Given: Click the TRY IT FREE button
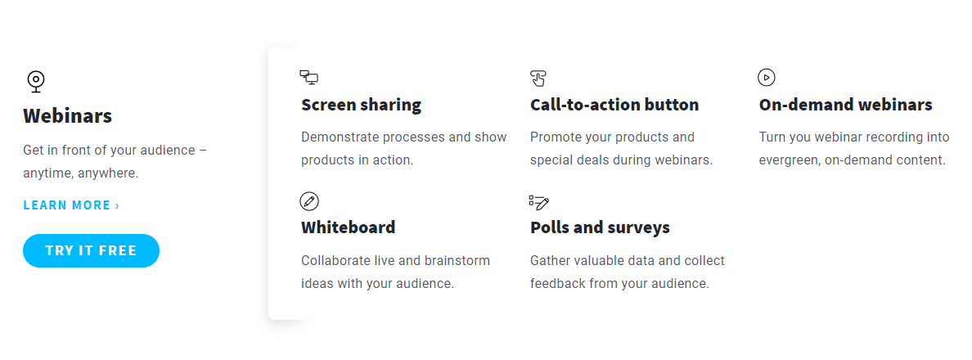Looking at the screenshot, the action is pos(91,251).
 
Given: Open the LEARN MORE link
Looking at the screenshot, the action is pos(71,205).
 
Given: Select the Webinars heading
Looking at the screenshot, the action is pos(68,116).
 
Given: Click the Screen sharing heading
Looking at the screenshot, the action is pos(362,105).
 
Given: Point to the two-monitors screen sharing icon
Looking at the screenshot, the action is pos(308,77).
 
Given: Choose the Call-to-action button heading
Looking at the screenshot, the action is pos(614,105).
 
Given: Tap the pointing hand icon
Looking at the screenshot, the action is pos(538,78).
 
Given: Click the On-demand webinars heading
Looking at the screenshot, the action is pos(845,105).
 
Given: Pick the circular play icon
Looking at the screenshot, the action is pos(767,78).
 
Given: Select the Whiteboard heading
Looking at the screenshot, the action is pos(349,227).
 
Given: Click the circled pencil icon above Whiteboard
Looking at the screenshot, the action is pos(308,201).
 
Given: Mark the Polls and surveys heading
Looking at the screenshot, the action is pos(600,227).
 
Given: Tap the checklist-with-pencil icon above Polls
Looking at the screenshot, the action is pos(539,201).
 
